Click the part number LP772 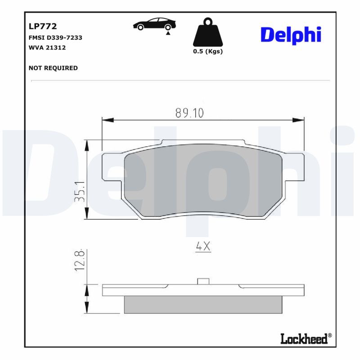click(x=42, y=27)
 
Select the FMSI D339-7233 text click(x=55, y=38)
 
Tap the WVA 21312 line click(x=47, y=47)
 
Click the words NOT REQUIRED click(x=53, y=68)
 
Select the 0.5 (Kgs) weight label click(x=207, y=51)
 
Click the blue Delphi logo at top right click(x=291, y=35)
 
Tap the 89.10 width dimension click(x=189, y=113)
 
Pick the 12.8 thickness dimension click(x=81, y=261)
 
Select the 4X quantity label click(x=203, y=247)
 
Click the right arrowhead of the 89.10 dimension click(x=299, y=120)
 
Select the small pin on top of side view click(x=203, y=282)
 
